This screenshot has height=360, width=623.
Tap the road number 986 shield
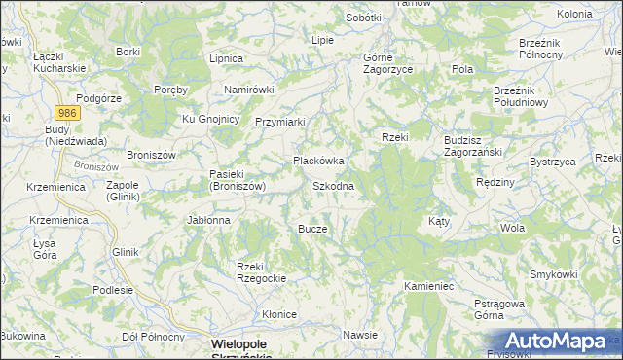click(x=67, y=113)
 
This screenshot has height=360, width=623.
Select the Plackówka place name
click(x=319, y=161)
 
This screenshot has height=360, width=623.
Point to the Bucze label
click(x=312, y=229)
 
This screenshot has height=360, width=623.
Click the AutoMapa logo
click(x=556, y=341)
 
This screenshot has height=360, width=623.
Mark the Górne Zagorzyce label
click(x=387, y=64)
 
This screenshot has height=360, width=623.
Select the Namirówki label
click(x=250, y=90)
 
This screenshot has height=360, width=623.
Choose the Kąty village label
click(x=439, y=221)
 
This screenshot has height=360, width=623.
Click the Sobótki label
click(x=364, y=18)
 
